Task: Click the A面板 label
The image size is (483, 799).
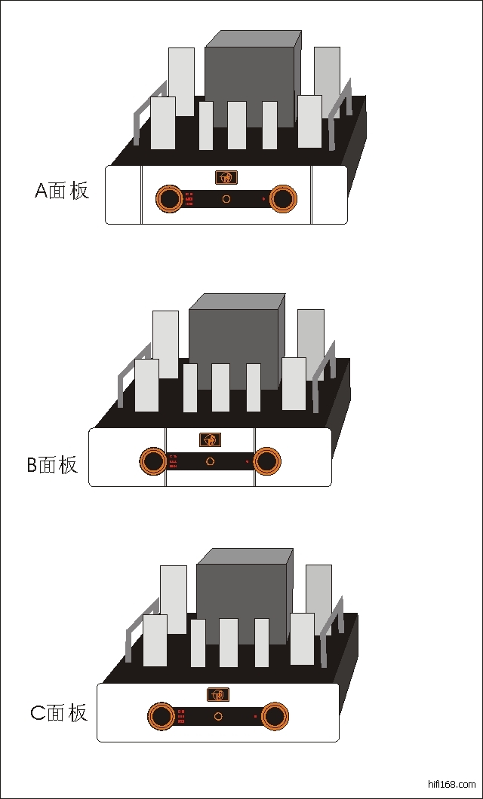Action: click(62, 191)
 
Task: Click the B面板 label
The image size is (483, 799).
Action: click(53, 464)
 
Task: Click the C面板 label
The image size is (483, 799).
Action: click(59, 712)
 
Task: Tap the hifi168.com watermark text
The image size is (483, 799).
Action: click(451, 784)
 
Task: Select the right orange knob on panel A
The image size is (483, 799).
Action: click(283, 198)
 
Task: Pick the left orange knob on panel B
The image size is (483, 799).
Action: click(152, 461)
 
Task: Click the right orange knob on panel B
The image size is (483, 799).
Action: click(266, 461)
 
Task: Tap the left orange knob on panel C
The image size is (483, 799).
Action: click(160, 716)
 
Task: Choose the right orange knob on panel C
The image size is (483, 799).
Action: click(275, 716)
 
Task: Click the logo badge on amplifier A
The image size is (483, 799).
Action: click(226, 177)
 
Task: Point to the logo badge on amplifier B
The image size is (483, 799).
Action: click(210, 439)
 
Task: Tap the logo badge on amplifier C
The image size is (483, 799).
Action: click(217, 694)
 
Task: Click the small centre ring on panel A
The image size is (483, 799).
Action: click(226, 199)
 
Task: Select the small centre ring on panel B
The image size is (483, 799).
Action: click(210, 461)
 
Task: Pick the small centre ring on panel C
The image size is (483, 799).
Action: click(217, 716)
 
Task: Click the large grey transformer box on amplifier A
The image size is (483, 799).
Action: click(249, 83)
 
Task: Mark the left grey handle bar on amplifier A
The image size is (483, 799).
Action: click(137, 124)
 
